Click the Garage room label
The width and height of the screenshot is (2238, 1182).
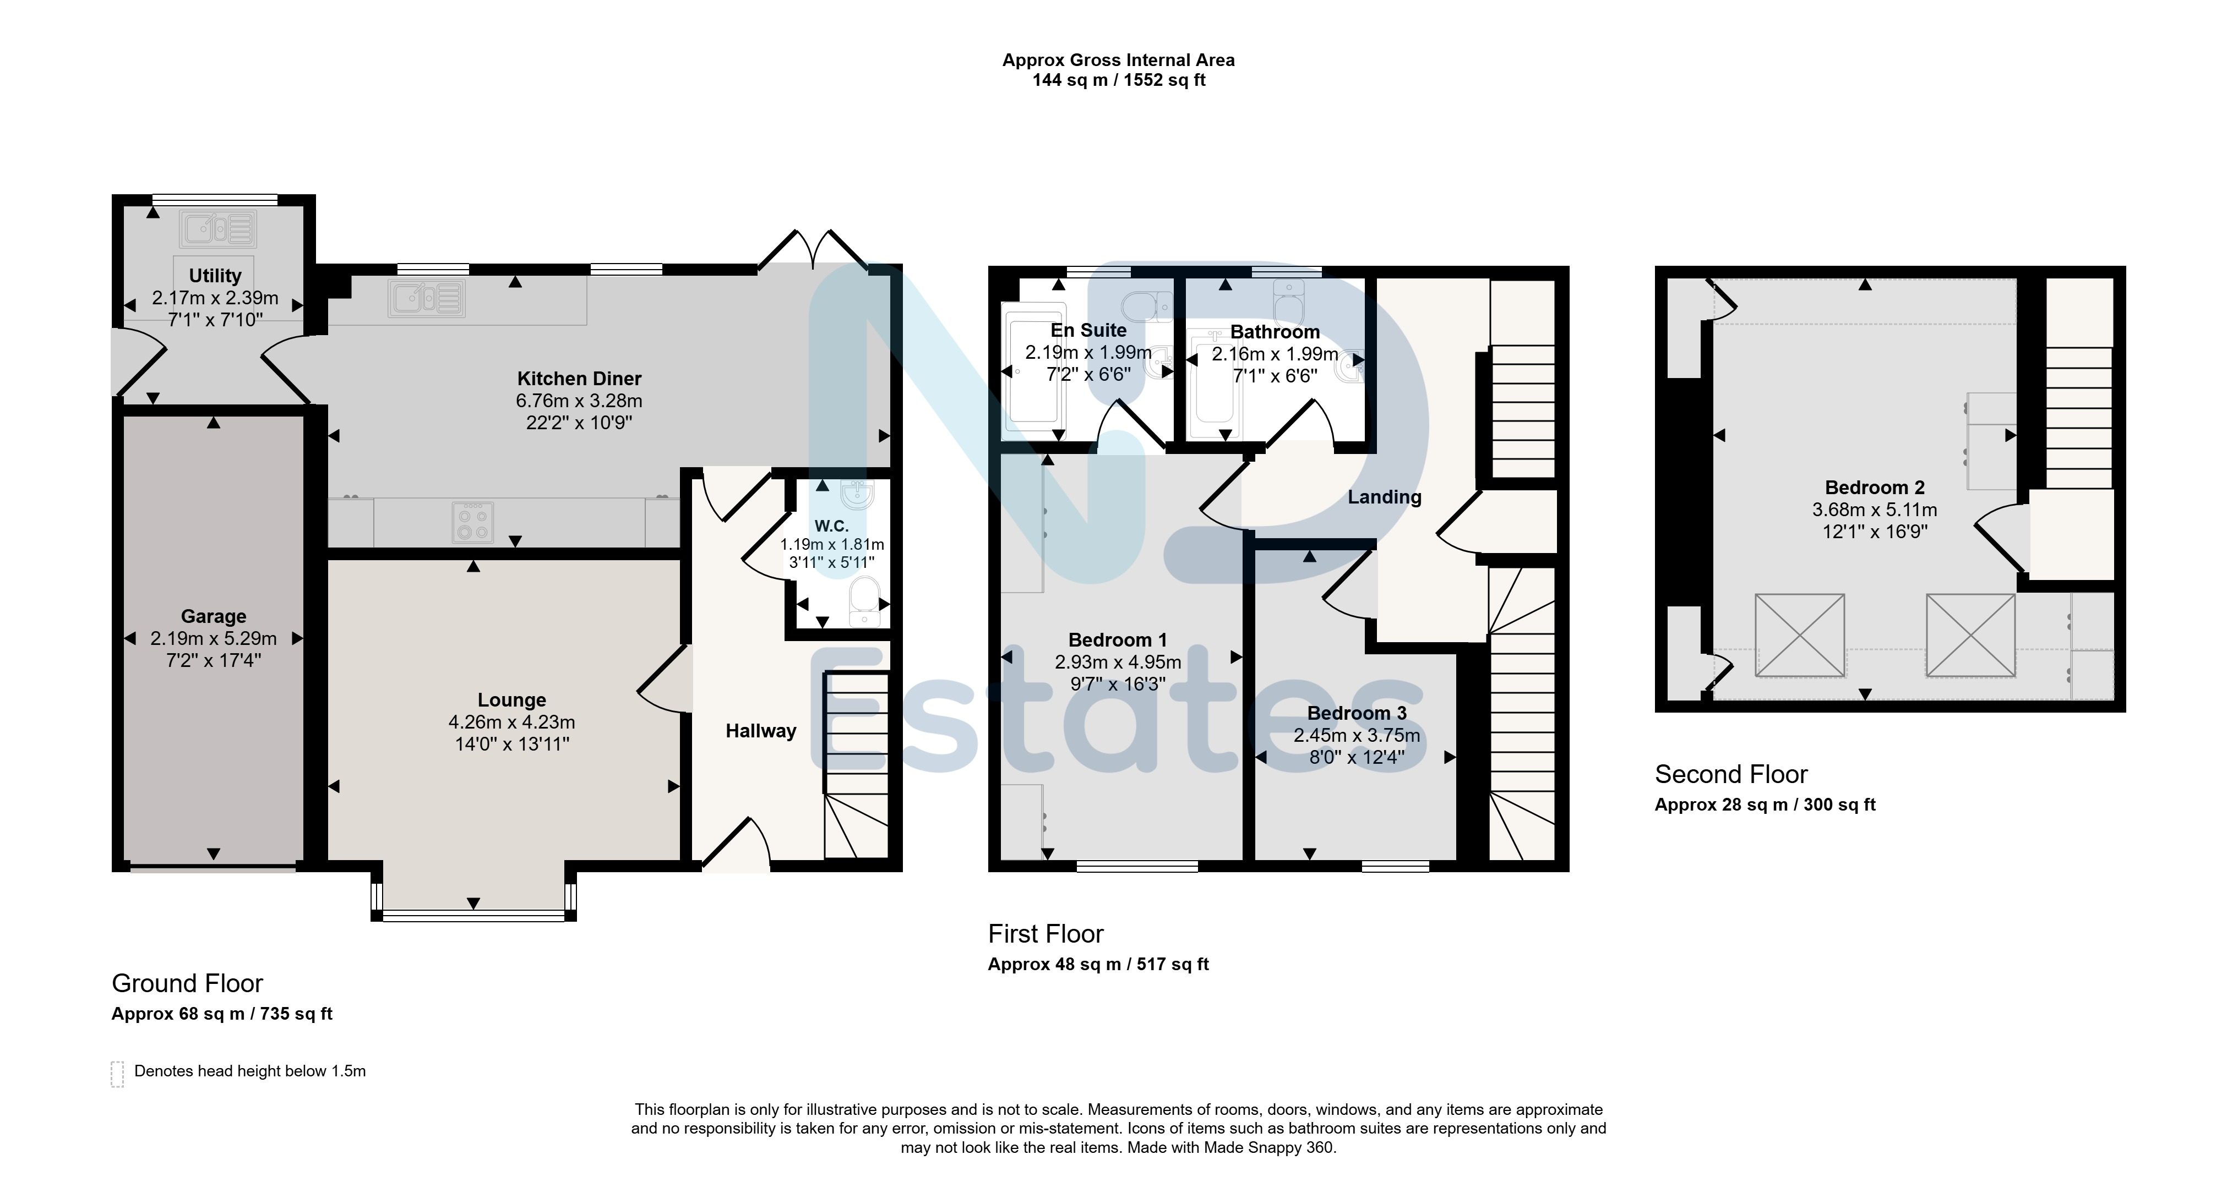point(214,617)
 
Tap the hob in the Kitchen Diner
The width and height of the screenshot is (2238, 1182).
point(472,523)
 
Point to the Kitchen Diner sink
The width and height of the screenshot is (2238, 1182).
point(427,299)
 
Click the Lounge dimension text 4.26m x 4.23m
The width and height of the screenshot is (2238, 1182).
point(511,722)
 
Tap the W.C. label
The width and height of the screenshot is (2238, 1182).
point(831,526)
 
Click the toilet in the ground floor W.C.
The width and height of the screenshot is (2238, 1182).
point(864,601)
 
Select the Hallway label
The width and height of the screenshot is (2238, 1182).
point(761,731)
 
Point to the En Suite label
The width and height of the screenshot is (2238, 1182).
point(1088,331)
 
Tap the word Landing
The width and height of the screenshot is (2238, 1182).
point(1385,497)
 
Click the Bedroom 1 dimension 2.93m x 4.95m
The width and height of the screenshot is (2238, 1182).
point(1118,662)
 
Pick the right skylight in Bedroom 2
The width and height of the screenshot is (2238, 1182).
point(1970,635)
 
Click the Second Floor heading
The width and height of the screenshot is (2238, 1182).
point(1731,774)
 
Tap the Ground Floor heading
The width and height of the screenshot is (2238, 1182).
point(188,983)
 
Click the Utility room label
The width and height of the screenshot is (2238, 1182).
point(215,276)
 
